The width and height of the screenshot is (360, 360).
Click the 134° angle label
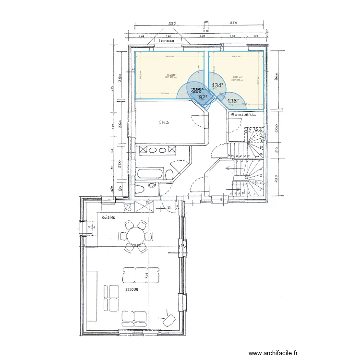[x=217, y=85]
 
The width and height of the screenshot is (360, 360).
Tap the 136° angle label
[x=233, y=101]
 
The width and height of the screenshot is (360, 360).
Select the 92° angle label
[x=204, y=97]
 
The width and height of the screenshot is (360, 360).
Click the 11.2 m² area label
[x=170, y=75]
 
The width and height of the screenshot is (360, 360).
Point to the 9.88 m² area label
[x=237, y=77]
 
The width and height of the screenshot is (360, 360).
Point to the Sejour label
[x=132, y=290]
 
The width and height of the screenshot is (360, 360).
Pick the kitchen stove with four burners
[x=128, y=207]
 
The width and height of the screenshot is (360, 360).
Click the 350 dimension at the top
[x=234, y=23]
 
